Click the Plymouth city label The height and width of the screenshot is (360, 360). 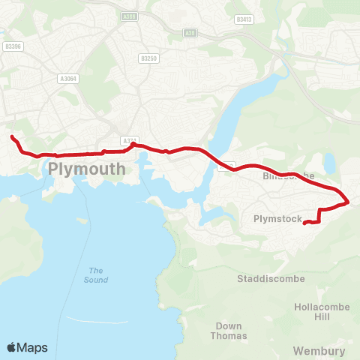(x=87, y=169)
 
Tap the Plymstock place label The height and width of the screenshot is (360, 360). (x=277, y=219)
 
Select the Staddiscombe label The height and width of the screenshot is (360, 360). (x=271, y=278)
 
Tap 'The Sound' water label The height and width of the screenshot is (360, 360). (x=95, y=275)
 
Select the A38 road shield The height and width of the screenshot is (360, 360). (x=190, y=33)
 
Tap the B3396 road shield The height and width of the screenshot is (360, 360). (x=13, y=46)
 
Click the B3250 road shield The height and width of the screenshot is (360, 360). (x=148, y=58)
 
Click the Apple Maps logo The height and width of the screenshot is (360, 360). (x=27, y=347)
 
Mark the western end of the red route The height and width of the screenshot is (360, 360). (x=11, y=136)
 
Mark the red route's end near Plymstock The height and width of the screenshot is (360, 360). (x=304, y=223)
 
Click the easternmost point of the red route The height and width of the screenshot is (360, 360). (x=349, y=202)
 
